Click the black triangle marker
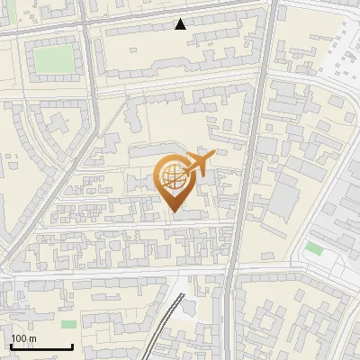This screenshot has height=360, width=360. point(180,24)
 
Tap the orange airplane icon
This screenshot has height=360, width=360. point(198,164)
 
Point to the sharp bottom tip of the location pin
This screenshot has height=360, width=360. point(175,212)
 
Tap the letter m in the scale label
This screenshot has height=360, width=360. point(33,338)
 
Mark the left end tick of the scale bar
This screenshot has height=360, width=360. point(11,346)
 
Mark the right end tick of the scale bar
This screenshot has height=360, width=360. point(72,346)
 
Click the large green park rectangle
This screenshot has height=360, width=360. point(53,59)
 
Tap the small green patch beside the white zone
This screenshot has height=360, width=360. point(313,247)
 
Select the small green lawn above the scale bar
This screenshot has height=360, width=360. point(69,324)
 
